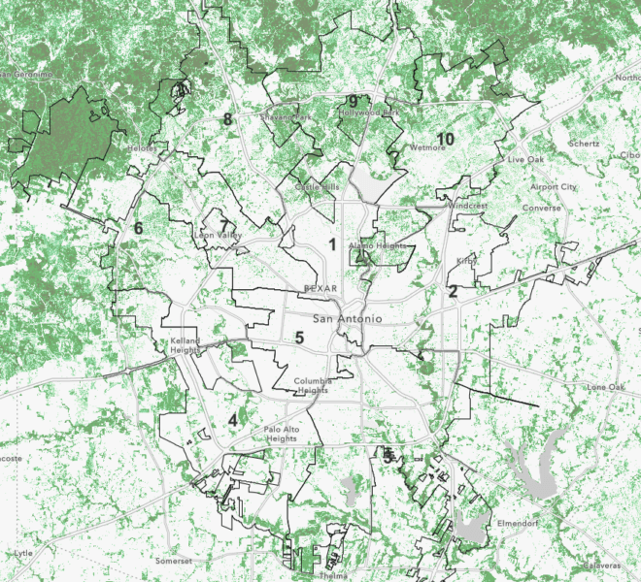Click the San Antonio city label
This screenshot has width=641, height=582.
(347, 319)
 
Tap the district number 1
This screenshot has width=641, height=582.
(332, 244)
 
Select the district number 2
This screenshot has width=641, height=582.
(453, 291)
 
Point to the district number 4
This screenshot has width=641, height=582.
(233, 419)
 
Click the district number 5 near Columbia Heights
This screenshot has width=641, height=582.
(300, 338)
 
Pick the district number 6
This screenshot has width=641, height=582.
(138, 228)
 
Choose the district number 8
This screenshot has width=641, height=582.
(227, 119)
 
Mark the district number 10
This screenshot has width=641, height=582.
(446, 139)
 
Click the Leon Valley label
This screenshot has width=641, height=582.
(218, 235)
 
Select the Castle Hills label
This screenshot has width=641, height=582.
(318, 185)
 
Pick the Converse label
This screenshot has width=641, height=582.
(541, 208)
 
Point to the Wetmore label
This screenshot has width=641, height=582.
(427, 148)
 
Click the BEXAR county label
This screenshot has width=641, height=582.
(320, 288)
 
